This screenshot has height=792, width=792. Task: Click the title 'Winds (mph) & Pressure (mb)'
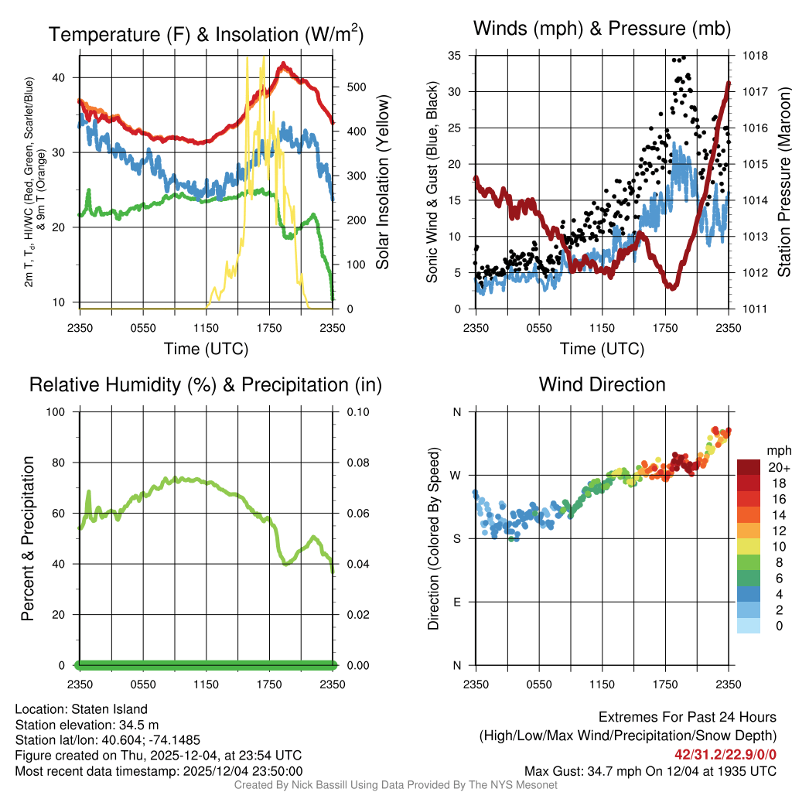(602, 29)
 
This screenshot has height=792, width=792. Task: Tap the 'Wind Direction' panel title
(602, 384)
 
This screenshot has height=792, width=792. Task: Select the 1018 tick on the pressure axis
(756, 56)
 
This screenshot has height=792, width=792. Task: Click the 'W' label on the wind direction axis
(456, 475)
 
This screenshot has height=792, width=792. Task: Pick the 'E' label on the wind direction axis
(457, 602)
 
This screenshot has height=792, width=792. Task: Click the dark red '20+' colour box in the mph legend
(749, 467)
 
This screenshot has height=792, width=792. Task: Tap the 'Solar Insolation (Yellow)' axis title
(382, 183)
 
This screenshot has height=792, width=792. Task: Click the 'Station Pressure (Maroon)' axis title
(783, 183)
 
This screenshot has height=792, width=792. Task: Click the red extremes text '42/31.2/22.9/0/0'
(725, 754)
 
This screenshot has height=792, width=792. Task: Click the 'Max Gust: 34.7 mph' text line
(650, 770)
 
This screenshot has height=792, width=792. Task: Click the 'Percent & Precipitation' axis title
(28, 538)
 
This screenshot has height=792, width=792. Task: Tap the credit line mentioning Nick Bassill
(395, 785)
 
